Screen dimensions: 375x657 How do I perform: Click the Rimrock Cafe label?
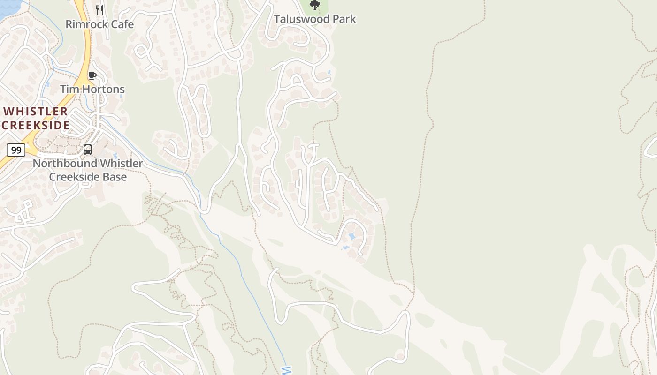coord(99,24)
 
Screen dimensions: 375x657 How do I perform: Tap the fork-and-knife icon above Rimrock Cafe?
coord(99,10)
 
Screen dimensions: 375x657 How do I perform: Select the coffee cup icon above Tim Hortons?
coord(92,75)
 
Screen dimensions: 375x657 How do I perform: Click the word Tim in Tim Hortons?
coord(69,89)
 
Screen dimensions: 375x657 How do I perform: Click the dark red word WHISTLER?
coord(36,112)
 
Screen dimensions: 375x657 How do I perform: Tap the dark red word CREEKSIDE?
coord(36,125)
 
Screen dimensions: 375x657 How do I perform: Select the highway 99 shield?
coord(16,150)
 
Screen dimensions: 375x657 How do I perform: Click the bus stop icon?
coord(88,150)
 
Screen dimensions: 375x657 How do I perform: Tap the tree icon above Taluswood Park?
coord(315,6)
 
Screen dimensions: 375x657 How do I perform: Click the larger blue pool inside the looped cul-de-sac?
coord(352,236)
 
